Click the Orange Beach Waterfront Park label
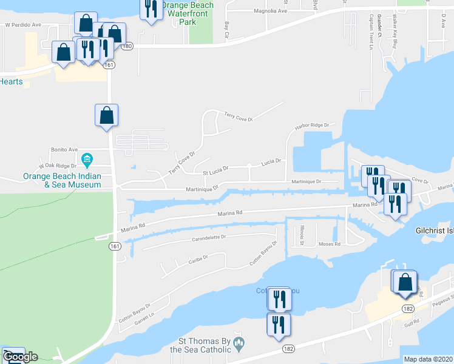[x=187, y=13]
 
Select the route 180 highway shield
[x=127, y=46]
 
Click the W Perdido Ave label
[x=22, y=25]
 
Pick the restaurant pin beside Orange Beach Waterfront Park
[x=151, y=9]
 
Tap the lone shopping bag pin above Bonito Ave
[x=106, y=115]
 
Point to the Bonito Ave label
[x=65, y=149]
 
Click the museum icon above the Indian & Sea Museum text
[x=87, y=160]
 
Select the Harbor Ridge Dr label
[x=311, y=126]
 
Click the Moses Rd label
[x=330, y=244]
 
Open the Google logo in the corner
[x=20, y=357]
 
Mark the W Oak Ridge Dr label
[x=58, y=165]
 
